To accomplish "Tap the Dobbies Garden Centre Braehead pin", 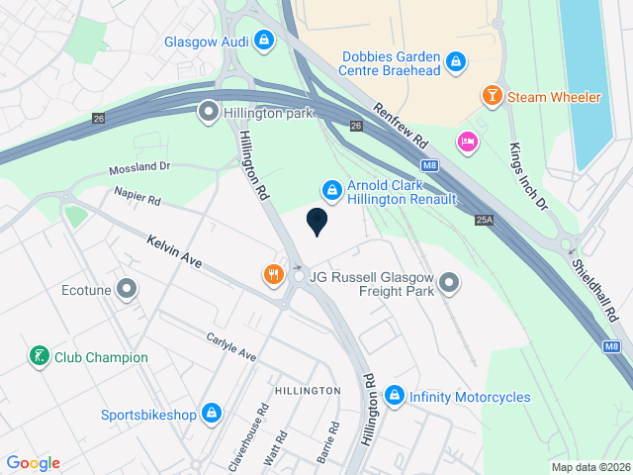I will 455,62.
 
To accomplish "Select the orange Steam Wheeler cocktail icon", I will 490,96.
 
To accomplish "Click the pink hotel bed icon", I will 467,142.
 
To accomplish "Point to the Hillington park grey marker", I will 208,113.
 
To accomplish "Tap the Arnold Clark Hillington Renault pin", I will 331,188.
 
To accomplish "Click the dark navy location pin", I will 316,222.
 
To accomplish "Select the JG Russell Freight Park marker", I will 449,284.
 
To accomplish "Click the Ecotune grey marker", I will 127,290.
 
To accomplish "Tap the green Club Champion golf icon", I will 39,356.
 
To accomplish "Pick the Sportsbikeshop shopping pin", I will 211,414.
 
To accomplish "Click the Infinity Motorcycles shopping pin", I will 395,396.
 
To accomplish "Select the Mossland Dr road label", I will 139,168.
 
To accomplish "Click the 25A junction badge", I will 484,220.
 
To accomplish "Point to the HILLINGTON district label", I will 308,391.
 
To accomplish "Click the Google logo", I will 33,462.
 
